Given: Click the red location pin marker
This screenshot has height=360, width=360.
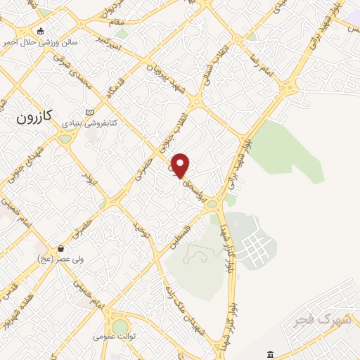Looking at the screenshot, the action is pyautogui.click(x=181, y=165).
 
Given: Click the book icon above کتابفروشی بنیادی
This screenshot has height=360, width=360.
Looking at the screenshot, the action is pyautogui.click(x=89, y=112).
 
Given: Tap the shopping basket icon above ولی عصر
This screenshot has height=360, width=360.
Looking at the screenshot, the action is pyautogui.click(x=61, y=248).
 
